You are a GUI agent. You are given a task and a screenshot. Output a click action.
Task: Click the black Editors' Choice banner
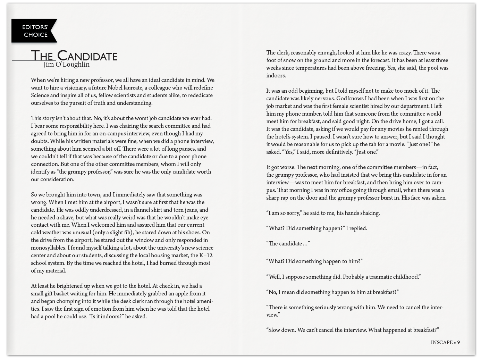point(34,31)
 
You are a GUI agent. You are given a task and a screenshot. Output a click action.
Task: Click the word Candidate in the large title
point(87,56)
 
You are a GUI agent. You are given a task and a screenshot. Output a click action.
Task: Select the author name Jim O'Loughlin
point(67,65)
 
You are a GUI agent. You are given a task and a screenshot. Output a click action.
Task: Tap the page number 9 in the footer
point(458,342)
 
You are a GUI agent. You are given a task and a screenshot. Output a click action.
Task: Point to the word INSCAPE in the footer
point(441,342)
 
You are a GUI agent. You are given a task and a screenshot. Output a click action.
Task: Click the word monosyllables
point(48,248)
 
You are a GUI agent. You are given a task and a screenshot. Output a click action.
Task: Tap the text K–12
point(206,256)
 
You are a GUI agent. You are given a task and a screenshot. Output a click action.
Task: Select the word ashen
point(438,198)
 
